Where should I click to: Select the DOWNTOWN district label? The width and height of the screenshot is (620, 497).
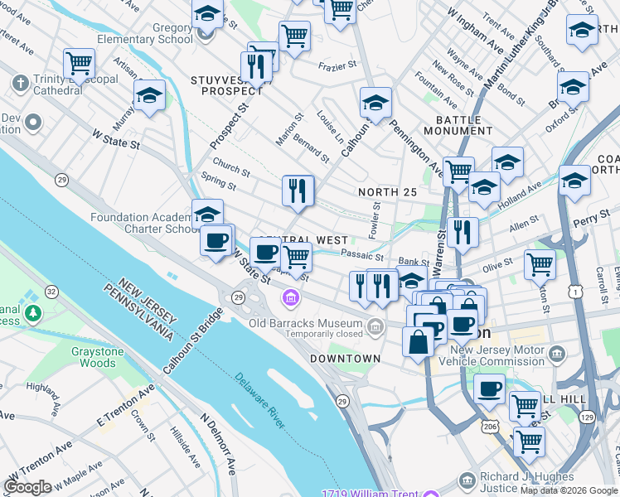[x=345, y=359]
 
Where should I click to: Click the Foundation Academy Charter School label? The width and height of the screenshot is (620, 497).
[x=144, y=224]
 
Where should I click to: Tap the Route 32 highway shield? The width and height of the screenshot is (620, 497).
[x=51, y=292]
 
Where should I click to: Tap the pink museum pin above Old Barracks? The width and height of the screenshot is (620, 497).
[x=289, y=297]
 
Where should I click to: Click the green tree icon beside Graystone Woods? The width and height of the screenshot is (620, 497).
[x=32, y=313]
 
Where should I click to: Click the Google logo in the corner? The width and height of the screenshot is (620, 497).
[x=27, y=487]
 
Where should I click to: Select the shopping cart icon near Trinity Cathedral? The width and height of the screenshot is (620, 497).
[x=79, y=64]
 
